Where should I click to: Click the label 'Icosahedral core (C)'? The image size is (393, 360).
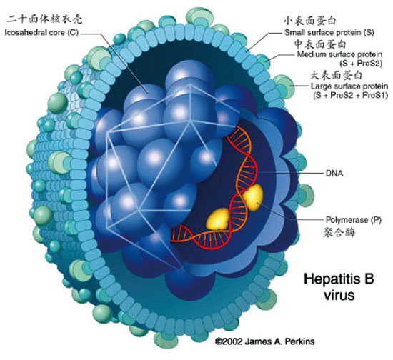point(41,33)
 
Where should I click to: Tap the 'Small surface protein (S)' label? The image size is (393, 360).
point(329,33)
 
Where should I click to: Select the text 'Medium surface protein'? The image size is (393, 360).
point(339,54)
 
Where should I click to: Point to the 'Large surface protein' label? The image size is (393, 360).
point(349,86)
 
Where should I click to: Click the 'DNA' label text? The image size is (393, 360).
point(334,174)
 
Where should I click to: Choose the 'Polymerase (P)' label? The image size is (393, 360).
point(354,220)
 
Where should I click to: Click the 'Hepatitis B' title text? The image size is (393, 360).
point(339,279)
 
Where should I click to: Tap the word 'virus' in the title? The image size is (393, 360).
point(339,295)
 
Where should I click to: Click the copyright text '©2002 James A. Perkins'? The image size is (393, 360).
point(265,341)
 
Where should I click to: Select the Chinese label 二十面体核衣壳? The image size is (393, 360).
point(44,19)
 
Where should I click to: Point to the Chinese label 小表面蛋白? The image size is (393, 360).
point(310,21)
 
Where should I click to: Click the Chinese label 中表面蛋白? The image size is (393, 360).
point(320,44)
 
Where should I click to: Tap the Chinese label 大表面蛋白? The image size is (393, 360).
point(337,75)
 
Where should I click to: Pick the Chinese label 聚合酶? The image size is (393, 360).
point(339,232)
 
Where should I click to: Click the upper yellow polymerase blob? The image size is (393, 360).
point(253,197)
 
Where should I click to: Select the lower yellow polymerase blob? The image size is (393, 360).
point(217,219)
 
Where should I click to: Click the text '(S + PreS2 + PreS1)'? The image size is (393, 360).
point(350,96)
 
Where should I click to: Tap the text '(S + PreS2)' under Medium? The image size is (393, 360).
point(361,64)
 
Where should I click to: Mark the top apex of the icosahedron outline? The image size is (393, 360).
point(191,85)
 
